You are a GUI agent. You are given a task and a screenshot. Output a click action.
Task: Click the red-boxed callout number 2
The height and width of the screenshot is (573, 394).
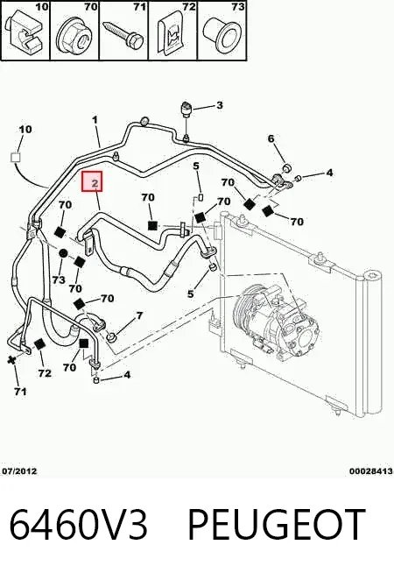click(95, 182)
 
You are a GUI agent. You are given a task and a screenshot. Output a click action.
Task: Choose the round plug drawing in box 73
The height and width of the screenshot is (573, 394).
click(222, 34)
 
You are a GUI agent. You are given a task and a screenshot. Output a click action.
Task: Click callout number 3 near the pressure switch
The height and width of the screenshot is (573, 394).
click(219, 105)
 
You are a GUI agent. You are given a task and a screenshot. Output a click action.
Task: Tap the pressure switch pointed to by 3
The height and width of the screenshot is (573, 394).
click(186, 109)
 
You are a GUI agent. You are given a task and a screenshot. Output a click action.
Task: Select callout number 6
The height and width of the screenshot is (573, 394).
click(271, 138)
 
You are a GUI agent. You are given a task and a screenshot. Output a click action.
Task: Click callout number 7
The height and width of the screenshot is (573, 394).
click(139, 315)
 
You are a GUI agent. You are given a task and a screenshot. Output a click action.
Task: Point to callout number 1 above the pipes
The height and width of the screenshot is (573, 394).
click(95, 120)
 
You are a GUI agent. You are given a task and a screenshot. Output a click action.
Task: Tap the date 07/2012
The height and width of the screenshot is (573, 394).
click(20, 471)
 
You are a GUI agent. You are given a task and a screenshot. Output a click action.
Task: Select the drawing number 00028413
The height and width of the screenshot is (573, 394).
click(371, 471)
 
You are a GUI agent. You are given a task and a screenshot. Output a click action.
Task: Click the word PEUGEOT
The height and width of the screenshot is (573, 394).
click(277, 524)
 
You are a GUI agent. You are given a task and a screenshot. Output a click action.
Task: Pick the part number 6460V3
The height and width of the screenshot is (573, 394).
click(78, 524)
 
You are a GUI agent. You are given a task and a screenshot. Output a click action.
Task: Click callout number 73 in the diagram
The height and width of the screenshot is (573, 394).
click(59, 279)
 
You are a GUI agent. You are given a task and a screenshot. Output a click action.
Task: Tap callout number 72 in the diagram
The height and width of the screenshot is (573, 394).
click(45, 373)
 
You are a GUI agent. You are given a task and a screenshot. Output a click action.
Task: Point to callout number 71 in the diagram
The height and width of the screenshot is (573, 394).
click(20, 392)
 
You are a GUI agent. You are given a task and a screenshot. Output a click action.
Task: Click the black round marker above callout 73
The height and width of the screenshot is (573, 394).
click(64, 253)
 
